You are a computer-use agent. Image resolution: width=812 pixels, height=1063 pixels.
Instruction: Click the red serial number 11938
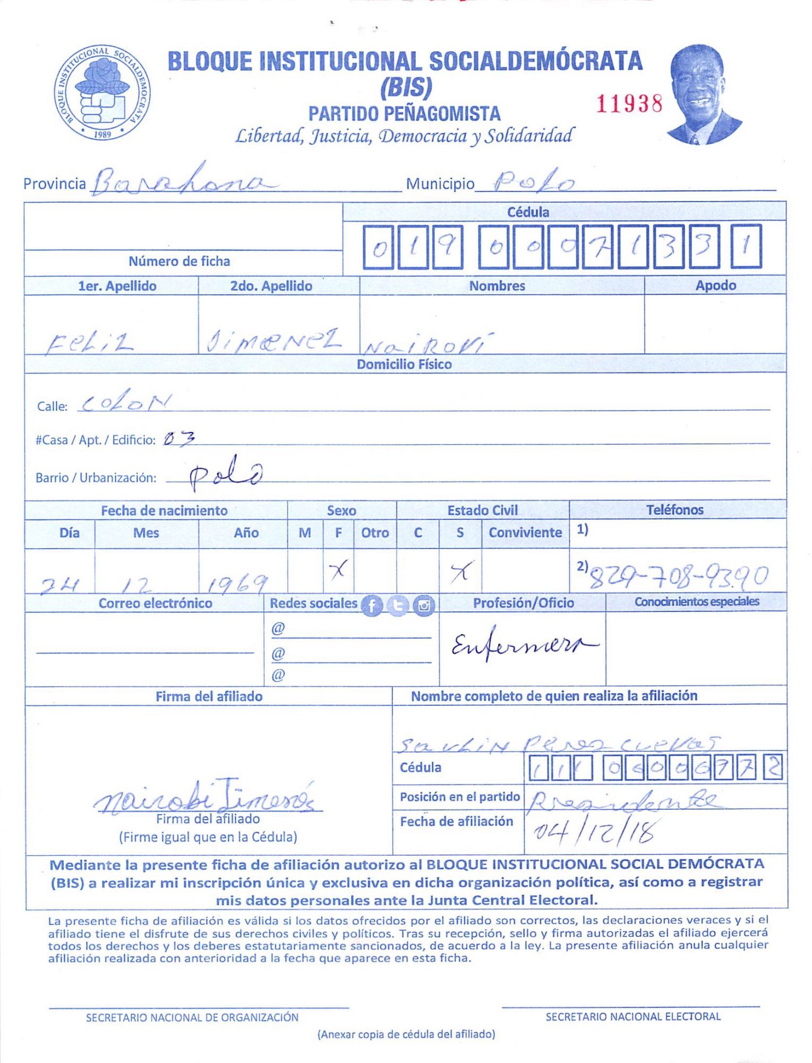pos(629,104)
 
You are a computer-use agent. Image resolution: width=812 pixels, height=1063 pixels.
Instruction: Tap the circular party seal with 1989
pos(102,93)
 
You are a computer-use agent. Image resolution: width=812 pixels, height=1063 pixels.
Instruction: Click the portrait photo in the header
pos(704,95)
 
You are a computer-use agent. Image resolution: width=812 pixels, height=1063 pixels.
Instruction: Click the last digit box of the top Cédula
pos(746,247)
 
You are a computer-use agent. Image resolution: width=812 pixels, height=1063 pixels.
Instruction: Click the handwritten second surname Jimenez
pos(273,341)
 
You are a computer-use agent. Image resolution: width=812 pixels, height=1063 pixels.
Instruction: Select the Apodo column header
pos(715,285)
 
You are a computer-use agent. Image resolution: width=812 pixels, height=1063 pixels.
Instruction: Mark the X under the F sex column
pos(338,570)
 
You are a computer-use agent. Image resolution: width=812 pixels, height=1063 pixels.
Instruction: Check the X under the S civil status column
pos(460,572)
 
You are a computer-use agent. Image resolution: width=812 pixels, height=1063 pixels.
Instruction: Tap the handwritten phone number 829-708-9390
pos(679,576)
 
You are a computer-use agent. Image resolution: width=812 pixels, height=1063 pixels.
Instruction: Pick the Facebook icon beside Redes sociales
pos(372,605)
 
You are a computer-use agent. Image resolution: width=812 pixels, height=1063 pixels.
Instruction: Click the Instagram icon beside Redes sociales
pos(424,605)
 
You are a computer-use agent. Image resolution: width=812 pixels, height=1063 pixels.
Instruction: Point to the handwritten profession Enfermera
pos(524,645)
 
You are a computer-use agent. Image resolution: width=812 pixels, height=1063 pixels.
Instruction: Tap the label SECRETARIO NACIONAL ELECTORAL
pos(633,1017)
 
